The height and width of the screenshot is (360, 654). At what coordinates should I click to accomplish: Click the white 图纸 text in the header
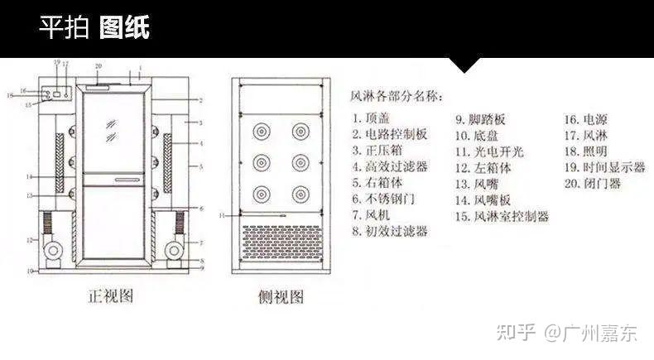click(x=124, y=28)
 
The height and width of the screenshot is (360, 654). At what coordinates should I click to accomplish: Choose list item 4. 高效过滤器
click(x=389, y=166)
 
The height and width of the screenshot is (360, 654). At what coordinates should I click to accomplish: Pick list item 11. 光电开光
click(x=488, y=151)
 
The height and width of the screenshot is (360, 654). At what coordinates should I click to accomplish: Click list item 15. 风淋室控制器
click(x=502, y=216)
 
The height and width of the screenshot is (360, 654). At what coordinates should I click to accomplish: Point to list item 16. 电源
click(x=585, y=119)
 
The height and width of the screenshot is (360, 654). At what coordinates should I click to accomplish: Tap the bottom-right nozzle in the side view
click(x=299, y=194)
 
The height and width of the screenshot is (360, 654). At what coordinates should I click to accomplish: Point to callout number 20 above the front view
click(x=98, y=66)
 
